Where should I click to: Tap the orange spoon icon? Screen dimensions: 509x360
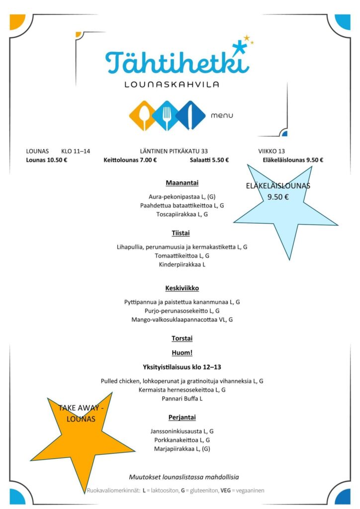point(143,116)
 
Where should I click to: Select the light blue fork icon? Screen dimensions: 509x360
point(167,116)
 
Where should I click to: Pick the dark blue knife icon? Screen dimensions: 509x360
point(190,116)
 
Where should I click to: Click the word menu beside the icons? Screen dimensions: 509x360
point(222,116)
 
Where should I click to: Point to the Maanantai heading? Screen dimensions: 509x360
point(178,183)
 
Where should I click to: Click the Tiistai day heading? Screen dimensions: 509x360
point(180,233)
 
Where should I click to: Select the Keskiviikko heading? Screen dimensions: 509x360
point(182,288)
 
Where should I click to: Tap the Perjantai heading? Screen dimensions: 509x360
point(181,417)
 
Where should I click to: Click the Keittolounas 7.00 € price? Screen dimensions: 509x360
point(130,160)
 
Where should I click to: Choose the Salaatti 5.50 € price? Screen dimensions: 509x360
point(209,160)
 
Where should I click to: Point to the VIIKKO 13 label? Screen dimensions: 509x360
point(271,151)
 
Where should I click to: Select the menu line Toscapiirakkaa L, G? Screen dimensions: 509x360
point(182,214)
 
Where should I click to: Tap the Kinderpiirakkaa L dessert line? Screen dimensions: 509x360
point(182,264)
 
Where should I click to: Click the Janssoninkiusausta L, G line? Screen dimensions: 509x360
point(182,431)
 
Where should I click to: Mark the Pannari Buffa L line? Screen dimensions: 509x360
point(182,399)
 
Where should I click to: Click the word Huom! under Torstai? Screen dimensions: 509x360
point(181,352)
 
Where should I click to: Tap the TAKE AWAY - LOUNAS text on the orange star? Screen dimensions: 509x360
point(81,413)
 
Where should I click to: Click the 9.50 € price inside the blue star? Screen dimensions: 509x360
point(278,197)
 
